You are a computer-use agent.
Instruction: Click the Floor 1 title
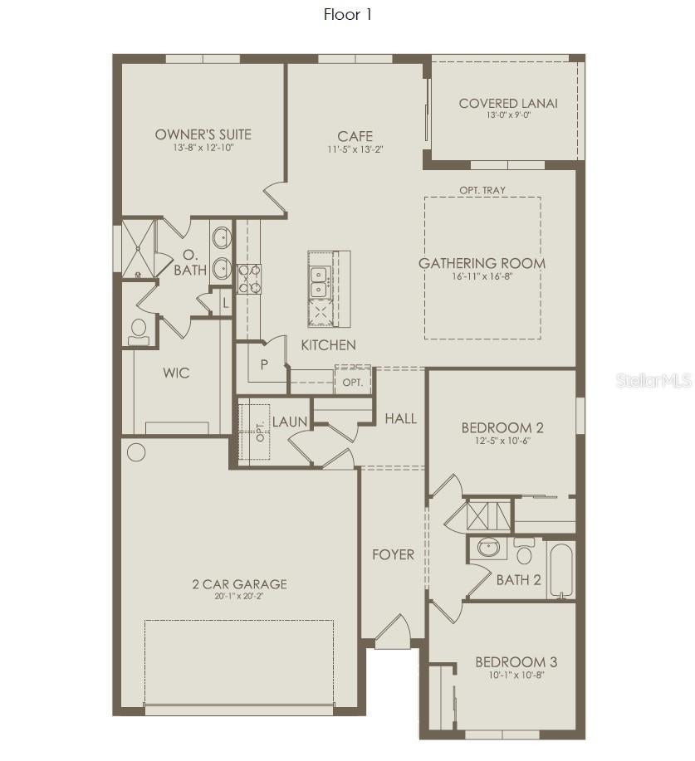point(347,15)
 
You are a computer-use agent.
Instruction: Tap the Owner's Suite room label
point(203,134)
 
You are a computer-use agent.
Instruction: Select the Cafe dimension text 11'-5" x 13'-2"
point(355,149)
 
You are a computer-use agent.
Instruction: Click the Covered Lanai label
point(508,104)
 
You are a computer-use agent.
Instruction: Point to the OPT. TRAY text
point(482,190)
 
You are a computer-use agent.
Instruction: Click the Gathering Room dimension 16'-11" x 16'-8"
point(482,276)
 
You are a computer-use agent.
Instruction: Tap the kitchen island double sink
point(320,282)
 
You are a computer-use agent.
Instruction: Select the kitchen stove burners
point(249,279)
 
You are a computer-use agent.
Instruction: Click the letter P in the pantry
point(264,364)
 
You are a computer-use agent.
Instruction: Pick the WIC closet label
point(176,373)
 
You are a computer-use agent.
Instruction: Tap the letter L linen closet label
point(225,304)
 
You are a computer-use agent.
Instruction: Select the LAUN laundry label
point(290,422)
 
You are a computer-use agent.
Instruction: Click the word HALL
point(401,418)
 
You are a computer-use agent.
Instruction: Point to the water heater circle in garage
point(136,452)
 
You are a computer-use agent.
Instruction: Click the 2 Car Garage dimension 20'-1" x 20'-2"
point(239,597)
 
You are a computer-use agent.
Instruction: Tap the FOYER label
point(394,554)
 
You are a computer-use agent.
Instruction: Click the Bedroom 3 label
point(516,662)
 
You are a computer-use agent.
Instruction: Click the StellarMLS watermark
point(653,381)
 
